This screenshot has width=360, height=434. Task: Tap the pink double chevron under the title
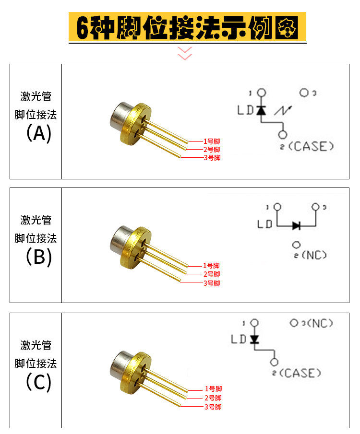coord(185,53)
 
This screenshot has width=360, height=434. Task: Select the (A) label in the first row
coord(38,133)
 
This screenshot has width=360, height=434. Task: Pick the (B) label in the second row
coord(38,257)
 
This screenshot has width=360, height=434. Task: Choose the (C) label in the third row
coord(38,382)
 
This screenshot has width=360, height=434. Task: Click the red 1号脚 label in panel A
coord(212,141)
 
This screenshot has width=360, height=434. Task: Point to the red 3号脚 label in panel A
coord(212,158)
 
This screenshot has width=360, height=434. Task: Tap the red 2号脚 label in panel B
coord(212,274)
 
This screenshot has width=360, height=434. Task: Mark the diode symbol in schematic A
coord(261,110)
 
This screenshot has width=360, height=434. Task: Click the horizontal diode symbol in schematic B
coord(297,224)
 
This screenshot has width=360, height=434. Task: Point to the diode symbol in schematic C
coord(254,339)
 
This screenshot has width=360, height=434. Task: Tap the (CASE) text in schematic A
coord(311,146)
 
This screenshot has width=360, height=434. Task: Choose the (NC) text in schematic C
coord(320,323)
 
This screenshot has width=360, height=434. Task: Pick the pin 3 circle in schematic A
coord(304,93)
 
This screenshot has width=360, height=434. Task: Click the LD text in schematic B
coord(265,224)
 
